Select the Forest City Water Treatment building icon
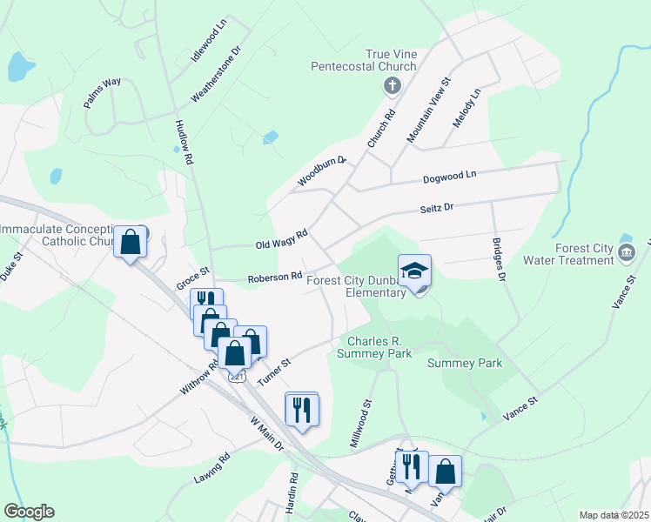coord(626,252)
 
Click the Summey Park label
coord(465,363)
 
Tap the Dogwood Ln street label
coord(449,175)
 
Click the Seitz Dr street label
coord(437,208)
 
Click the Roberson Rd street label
coord(274,278)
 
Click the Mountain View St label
coord(427,110)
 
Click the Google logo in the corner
coord(29,512)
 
